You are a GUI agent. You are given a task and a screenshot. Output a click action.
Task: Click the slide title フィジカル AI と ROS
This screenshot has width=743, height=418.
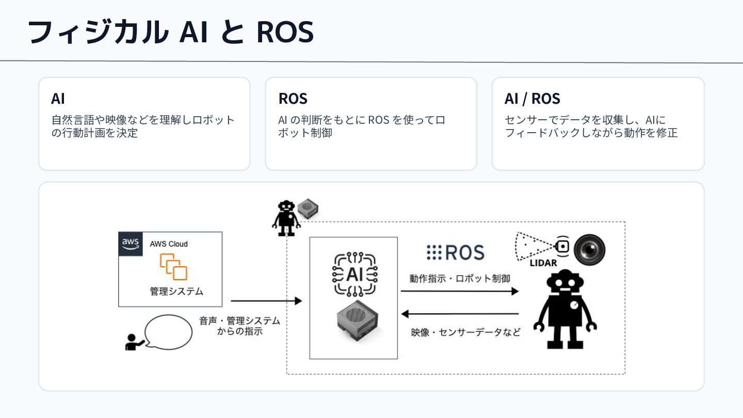pos(170,32)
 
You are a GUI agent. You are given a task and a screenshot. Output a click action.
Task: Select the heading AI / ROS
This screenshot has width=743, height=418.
pos(532,99)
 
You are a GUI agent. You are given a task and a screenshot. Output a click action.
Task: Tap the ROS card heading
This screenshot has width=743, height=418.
pos(293,99)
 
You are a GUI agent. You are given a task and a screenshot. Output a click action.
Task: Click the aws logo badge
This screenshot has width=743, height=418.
pos(131,244)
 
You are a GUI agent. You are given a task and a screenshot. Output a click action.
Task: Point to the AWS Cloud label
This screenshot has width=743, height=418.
pos(169,244)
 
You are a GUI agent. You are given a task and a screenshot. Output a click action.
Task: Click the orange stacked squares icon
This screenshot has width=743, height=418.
pos(173,267)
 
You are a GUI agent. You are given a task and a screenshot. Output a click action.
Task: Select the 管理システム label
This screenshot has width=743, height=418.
pos(176,291)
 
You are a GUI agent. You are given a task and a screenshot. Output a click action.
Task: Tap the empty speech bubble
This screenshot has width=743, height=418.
pos(168,332)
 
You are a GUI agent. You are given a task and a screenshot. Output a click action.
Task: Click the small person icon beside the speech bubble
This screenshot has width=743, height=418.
pos(134,342)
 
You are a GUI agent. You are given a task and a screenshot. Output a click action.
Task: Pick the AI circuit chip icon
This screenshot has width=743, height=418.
pos(354,274)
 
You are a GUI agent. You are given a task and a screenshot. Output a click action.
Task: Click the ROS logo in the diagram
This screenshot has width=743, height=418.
pos(456,252)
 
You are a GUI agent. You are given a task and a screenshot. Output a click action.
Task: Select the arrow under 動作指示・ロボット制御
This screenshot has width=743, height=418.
pos(460,291)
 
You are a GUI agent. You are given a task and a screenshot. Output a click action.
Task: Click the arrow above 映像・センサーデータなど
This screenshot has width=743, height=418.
pos(460,314)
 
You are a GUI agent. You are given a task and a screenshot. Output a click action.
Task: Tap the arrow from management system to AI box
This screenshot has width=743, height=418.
pos(266,301)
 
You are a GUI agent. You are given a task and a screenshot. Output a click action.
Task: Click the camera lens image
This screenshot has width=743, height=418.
pos(589,250)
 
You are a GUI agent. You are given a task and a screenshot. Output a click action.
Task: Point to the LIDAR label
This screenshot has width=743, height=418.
pos(543,263)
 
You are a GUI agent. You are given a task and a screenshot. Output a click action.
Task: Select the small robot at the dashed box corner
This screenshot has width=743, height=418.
pos(286,218)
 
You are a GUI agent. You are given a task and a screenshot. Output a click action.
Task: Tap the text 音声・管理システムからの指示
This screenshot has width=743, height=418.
pos(239,326)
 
